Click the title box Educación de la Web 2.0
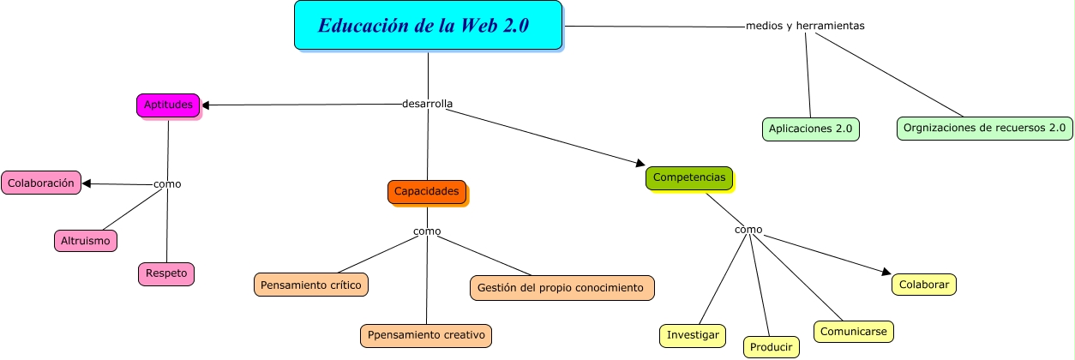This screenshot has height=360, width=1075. (428, 26)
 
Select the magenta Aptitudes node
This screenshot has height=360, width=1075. (167, 105)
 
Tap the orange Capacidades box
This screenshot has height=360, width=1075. (426, 191)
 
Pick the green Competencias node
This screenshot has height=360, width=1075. (688, 177)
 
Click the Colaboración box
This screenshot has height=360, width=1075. (41, 183)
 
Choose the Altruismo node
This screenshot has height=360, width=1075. (85, 241)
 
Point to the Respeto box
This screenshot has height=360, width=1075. (166, 274)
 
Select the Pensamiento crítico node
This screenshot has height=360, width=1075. (311, 284)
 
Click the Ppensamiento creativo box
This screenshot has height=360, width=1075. (426, 335)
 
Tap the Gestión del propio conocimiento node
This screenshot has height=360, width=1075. (562, 288)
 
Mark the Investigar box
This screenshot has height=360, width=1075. (693, 336)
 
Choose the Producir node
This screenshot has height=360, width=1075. (771, 346)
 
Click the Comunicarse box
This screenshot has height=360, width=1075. (853, 331)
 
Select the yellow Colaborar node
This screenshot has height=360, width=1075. (923, 285)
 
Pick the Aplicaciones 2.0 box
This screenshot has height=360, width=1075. (810, 129)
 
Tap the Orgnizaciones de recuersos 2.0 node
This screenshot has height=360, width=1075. (984, 129)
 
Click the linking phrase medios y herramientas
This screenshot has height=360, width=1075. (805, 26)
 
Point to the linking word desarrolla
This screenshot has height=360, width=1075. (427, 104)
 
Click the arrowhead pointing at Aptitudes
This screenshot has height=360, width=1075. (206, 105)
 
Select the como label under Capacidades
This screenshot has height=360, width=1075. (426, 231)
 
